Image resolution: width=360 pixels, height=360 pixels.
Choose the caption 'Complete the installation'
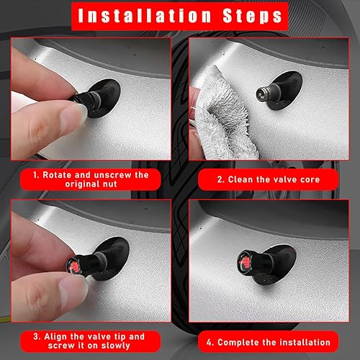tap(268, 341)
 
